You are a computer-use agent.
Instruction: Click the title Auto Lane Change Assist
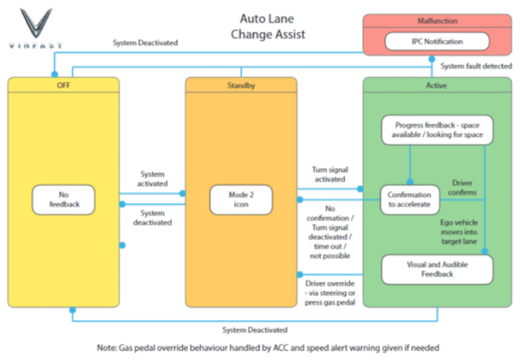pos(272,27)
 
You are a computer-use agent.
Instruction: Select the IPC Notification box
pos(437,42)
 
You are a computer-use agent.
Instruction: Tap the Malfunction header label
pos(437,21)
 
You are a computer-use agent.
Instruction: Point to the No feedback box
pos(64,199)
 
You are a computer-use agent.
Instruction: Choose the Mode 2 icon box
pos(241,199)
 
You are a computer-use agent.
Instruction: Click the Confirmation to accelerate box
pos(410,199)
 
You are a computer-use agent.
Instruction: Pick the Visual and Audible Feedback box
pos(437,269)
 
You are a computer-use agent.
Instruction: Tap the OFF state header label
pos(64,86)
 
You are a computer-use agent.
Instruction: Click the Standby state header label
pos(241,86)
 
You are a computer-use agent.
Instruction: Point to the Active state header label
pos(437,86)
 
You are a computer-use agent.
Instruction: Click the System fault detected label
pos(476,66)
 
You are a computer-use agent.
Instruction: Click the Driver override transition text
pos(330,293)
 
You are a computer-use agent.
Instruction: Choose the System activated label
pos(152,179)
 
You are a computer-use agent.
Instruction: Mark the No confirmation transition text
pos(330,232)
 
